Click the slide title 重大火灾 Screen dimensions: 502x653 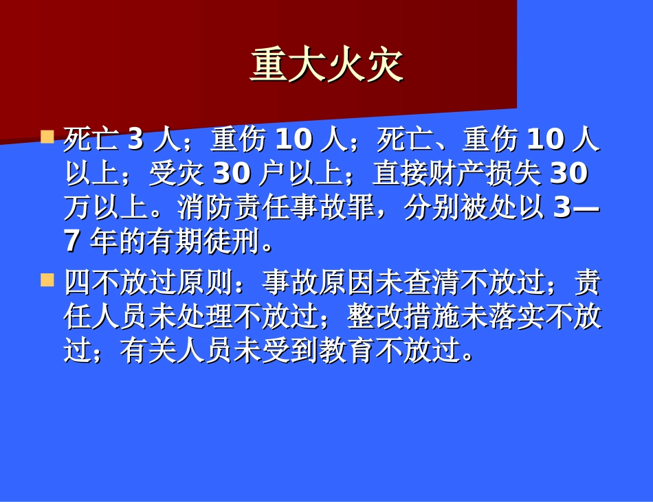tap(326, 67)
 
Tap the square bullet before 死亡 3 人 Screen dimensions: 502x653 tap(47, 136)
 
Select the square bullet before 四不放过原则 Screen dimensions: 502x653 tap(47, 279)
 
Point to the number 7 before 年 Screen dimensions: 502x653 tap(72, 240)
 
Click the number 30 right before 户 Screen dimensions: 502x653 tap(231, 174)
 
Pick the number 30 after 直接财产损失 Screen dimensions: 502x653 tap(569, 174)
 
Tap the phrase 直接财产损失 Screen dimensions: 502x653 tap(456, 174)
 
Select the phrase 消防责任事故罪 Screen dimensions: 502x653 tap(276, 207)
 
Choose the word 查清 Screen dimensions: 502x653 tap(432, 282)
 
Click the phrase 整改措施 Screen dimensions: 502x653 tap(403, 317)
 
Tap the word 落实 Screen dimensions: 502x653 tap(516, 317)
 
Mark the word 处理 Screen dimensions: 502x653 tap(205, 317)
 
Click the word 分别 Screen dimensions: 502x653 tap(432, 207)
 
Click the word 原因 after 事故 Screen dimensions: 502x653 tap(347, 282)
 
